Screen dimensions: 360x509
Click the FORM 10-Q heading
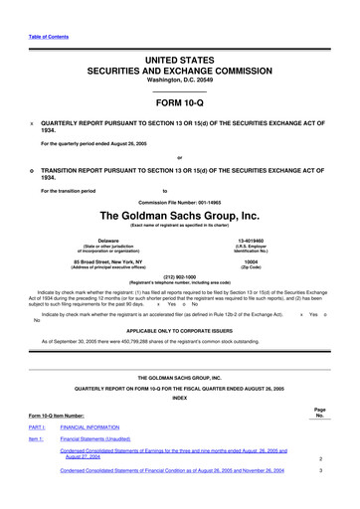pyautogui.click(x=179, y=102)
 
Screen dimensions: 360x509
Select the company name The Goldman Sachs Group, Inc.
pyautogui.click(x=179, y=215)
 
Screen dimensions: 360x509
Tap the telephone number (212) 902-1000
pyautogui.click(x=179, y=277)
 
